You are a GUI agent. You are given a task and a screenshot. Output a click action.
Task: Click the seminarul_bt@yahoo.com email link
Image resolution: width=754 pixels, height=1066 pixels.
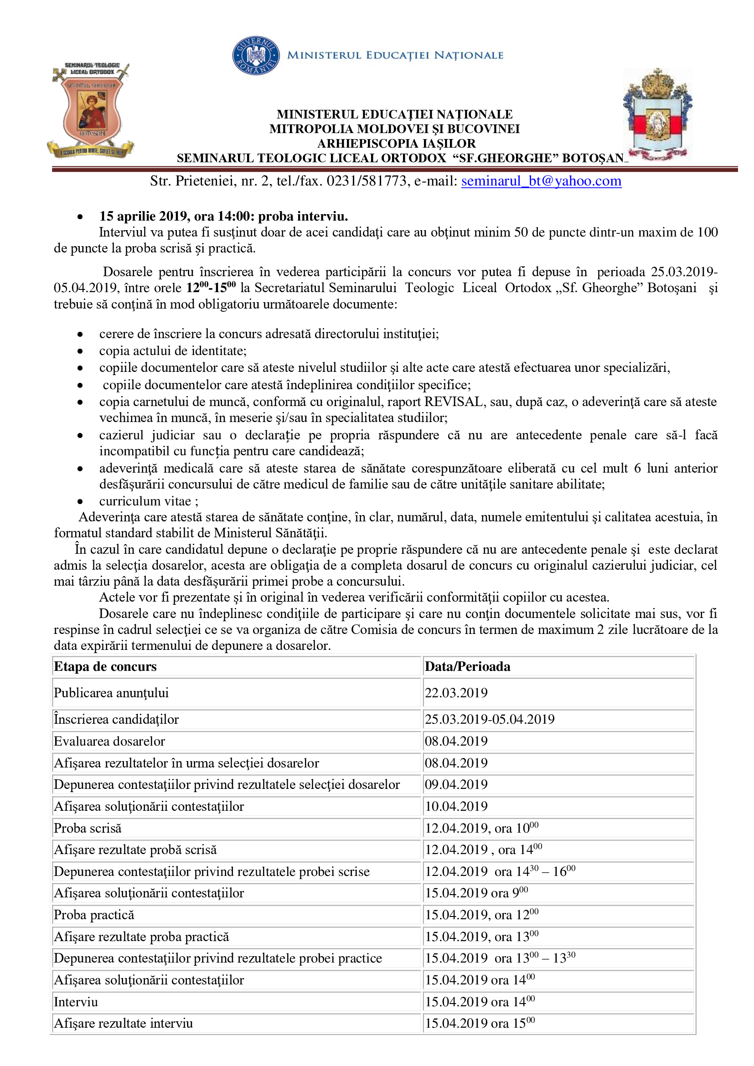pos(541,181)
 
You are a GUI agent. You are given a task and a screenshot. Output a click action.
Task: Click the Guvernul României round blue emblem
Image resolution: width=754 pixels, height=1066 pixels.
pos(256,56)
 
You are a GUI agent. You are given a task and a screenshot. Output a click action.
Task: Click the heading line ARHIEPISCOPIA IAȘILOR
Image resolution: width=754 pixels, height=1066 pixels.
pos(396,144)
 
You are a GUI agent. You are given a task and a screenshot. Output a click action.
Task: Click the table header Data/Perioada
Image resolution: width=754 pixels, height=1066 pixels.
pos(467,667)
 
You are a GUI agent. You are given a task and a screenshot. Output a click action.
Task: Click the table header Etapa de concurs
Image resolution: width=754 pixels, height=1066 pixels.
pos(105,667)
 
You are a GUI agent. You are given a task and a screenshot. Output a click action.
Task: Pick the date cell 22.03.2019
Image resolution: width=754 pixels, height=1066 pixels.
pos(456,693)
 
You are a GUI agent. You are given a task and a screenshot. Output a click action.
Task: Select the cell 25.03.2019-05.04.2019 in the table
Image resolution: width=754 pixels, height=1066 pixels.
pos(489,719)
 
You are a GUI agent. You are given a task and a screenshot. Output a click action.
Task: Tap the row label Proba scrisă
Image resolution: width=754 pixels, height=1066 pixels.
pos(88,828)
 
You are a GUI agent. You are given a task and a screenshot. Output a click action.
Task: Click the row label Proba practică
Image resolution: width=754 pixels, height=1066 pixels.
pos(94,915)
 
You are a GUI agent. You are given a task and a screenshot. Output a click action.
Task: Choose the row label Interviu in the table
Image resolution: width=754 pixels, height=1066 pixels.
pos(76,1002)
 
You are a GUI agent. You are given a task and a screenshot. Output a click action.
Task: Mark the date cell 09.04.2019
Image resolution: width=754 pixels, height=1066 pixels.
pos(456,785)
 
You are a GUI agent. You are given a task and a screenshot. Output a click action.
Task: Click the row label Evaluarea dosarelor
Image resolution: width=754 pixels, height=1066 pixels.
pos(109,741)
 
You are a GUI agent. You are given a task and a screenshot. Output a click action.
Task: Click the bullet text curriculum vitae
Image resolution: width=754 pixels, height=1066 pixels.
pos(145,501)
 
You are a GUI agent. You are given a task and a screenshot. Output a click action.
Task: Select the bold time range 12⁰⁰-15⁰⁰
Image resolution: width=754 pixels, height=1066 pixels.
pos(211,288)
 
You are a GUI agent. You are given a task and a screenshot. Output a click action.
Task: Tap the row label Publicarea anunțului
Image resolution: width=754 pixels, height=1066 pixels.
pos(111,693)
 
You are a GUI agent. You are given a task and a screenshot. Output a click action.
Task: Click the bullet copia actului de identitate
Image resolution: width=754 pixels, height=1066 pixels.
pos(173,350)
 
